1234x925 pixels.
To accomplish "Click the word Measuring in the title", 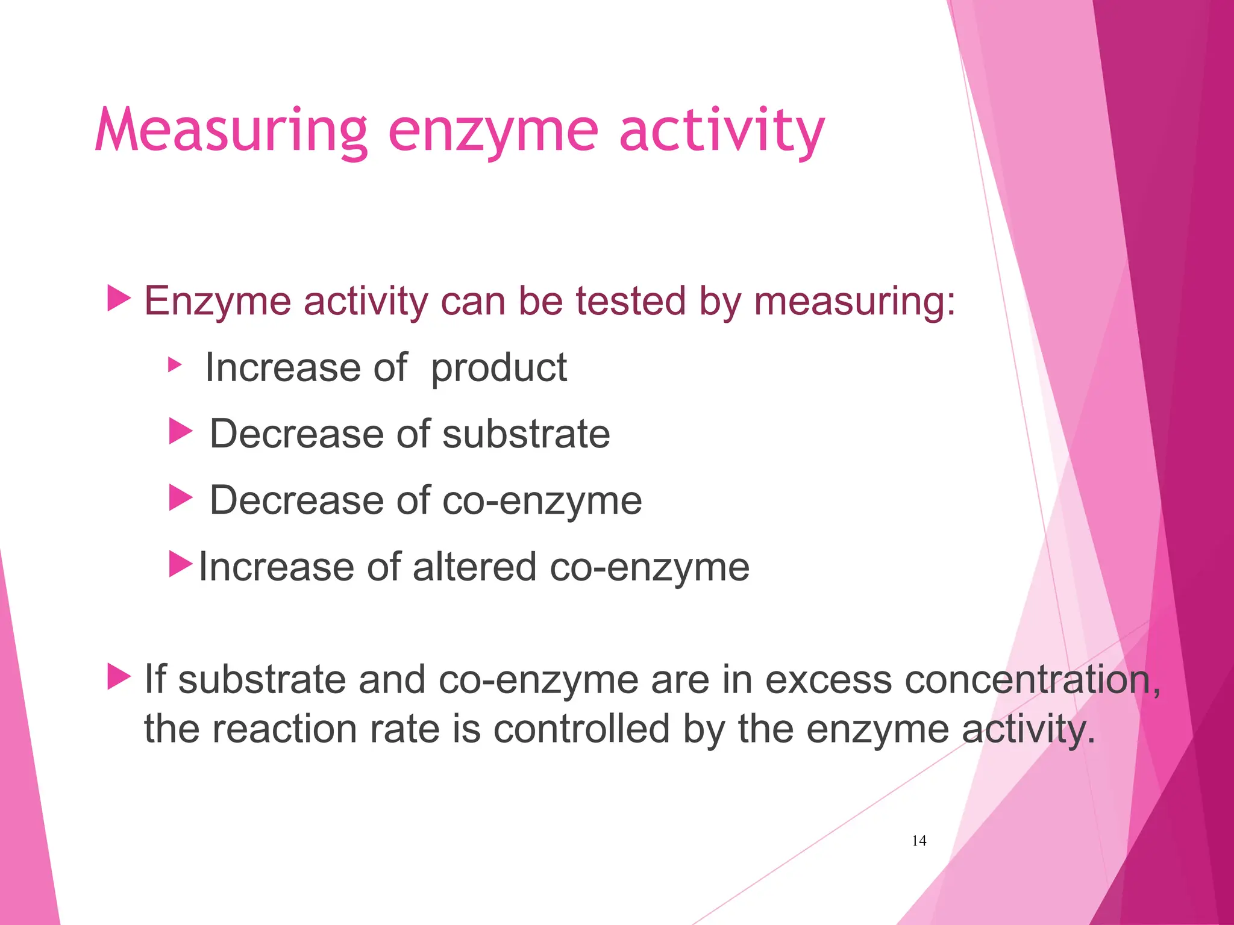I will click(231, 131).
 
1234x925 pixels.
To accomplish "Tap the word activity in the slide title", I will click(721, 131).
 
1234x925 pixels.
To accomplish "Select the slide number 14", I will click(919, 841).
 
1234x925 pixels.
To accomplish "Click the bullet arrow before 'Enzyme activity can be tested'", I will click(119, 299).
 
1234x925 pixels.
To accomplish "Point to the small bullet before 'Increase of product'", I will click(174, 364).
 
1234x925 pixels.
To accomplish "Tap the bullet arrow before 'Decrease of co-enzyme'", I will click(180, 498).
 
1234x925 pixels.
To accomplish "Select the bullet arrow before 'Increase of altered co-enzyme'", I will click(180, 564).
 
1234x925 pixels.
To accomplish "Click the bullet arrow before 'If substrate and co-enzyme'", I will click(119, 677).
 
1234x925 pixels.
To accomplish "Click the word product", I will click(499, 367).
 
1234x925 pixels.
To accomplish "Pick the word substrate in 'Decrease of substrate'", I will click(526, 434).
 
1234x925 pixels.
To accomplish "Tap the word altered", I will click(474, 567).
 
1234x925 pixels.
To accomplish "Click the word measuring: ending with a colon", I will click(854, 301).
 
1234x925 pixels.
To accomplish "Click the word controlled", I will click(581, 729).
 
